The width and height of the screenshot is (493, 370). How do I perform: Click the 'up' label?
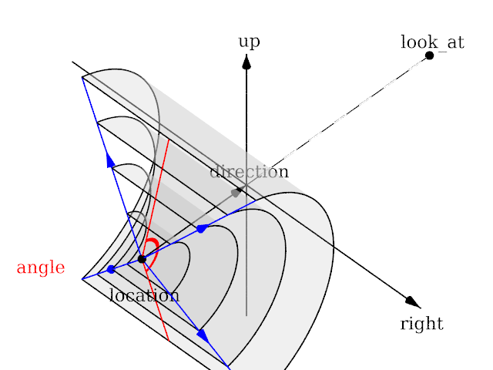[248, 42]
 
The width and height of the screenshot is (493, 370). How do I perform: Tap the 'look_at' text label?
[432, 42]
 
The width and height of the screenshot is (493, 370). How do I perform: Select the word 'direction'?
[249, 172]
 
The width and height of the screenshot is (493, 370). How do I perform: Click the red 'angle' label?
[41, 268]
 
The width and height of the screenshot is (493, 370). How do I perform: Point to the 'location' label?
[144, 295]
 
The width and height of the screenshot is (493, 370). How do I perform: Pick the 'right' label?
[421, 324]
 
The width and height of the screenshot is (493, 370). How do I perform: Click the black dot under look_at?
[429, 55]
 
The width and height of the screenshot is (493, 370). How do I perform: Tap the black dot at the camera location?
[142, 259]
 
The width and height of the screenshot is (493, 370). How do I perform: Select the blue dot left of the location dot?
[111, 269]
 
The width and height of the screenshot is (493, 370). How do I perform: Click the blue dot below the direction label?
[200, 229]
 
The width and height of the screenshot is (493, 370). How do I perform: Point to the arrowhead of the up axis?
[246, 62]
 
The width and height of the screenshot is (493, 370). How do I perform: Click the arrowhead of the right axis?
[412, 301]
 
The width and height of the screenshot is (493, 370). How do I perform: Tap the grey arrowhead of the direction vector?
[236, 192]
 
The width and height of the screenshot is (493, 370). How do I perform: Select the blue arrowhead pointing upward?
[110, 160]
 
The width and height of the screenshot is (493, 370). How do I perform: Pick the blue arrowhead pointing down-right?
[202, 335]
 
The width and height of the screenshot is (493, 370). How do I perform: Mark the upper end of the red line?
[169, 140]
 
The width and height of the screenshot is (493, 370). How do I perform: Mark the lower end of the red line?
[168, 340]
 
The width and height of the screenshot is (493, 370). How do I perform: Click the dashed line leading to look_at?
[339, 119]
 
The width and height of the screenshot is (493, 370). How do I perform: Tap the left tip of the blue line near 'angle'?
[82, 278]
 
